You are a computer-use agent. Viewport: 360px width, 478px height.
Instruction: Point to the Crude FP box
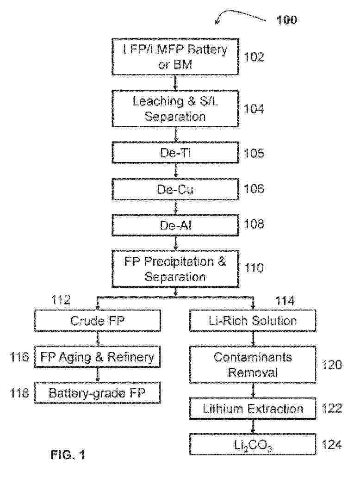[x=98, y=321]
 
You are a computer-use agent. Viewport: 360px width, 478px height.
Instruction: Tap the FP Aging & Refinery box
[x=98, y=357]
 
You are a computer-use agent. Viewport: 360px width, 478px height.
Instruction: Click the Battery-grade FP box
[x=98, y=393]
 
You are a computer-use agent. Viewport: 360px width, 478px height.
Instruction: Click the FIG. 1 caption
[x=68, y=455]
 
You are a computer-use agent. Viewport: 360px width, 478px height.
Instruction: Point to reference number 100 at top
[x=287, y=20]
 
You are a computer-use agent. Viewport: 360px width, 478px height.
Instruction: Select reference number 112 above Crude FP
[x=61, y=301]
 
